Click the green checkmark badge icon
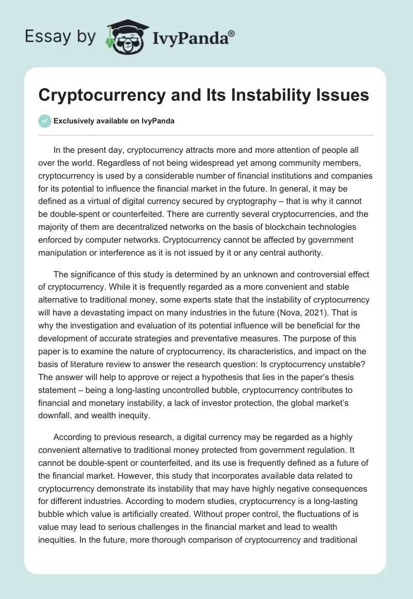[x=44, y=121]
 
